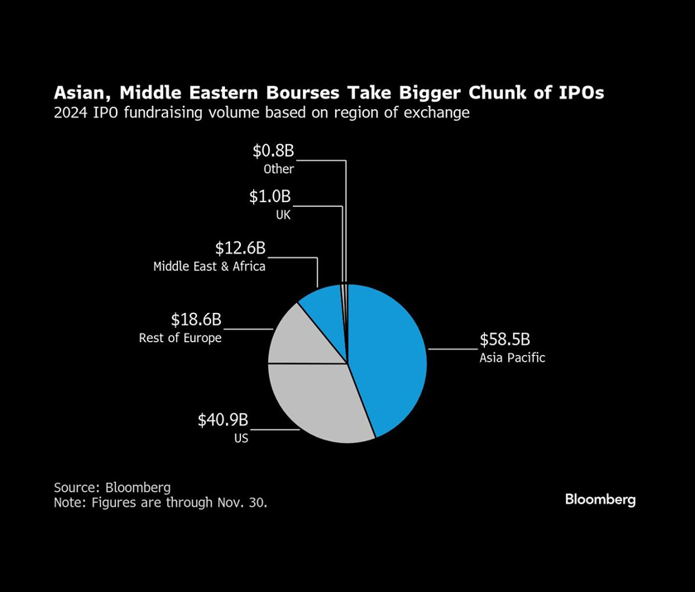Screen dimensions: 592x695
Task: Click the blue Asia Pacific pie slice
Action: click(x=389, y=356)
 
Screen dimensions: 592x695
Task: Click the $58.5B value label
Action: click(x=505, y=340)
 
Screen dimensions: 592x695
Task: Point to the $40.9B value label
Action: click(x=223, y=421)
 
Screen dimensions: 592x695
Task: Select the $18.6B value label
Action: click(x=196, y=320)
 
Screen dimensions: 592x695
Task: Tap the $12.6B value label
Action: click(x=240, y=248)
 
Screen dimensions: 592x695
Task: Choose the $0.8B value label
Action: click(x=273, y=151)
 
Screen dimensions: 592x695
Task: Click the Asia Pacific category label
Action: click(x=512, y=359)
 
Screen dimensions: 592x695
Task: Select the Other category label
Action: click(x=279, y=169)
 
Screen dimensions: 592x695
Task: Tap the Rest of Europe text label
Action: click(x=180, y=338)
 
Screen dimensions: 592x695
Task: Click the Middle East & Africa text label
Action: click(x=209, y=267)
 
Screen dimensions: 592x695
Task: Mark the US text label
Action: click(x=241, y=438)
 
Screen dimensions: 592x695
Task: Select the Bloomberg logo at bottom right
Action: click(x=600, y=499)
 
